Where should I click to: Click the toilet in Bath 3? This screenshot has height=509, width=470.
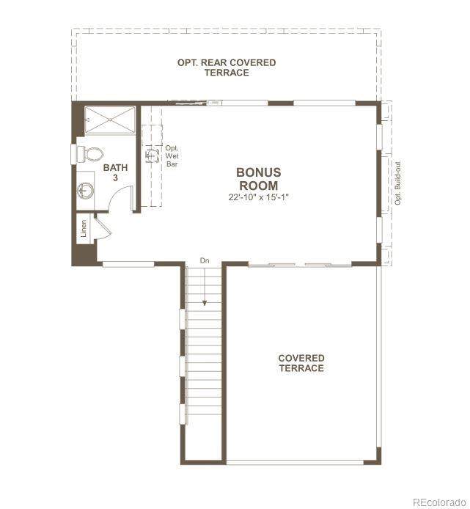tap(90, 155)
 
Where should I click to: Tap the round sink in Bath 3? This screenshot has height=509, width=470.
tap(86, 190)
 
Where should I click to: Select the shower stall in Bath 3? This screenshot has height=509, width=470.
tap(110, 120)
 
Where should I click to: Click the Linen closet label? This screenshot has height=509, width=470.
tap(84, 228)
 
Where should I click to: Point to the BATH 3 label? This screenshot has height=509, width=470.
tap(116, 172)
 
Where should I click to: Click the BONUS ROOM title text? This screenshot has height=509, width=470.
tap(258, 179)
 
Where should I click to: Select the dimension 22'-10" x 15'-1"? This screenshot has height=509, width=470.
tap(258, 197)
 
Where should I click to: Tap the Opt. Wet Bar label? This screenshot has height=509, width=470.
tap(172, 156)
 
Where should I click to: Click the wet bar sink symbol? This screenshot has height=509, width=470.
tap(151, 155)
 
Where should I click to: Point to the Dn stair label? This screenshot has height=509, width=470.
tap(205, 260)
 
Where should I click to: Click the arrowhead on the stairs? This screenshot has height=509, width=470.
tap(205, 303)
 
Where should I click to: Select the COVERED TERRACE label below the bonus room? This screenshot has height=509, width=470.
tap(301, 363)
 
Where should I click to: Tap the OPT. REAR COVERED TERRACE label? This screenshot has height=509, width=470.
tap(227, 67)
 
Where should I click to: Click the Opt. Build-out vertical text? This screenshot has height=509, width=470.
tap(398, 183)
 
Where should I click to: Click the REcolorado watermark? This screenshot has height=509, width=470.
tap(439, 502)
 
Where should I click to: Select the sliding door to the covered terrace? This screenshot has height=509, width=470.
tap(300, 266)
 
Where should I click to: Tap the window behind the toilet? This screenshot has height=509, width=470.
tap(73, 155)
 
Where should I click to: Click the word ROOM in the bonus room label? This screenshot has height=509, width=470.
tap(258, 186)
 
